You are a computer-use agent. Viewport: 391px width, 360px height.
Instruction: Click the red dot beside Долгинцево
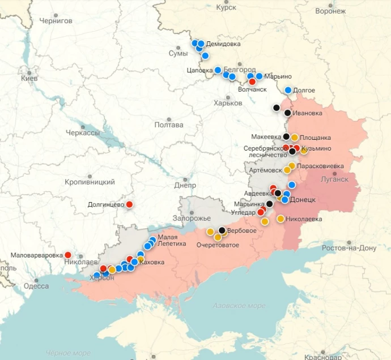[129, 204]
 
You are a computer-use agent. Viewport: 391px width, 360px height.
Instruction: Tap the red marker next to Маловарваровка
[69, 255]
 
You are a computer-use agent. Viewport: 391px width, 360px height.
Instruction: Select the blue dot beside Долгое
[288, 90]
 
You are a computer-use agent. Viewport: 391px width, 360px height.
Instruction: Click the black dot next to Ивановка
[288, 113]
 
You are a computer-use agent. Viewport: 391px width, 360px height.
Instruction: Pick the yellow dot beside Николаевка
[280, 218]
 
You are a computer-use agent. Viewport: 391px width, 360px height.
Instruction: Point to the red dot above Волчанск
[252, 82]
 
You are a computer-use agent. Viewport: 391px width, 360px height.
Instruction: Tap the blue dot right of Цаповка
[218, 70]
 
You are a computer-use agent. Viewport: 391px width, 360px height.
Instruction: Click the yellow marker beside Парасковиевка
[291, 166]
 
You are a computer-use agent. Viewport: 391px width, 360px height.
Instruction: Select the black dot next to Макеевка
[286, 136]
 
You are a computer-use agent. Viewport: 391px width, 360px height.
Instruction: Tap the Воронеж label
[330, 11]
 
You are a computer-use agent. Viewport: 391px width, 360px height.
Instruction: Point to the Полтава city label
[169, 125]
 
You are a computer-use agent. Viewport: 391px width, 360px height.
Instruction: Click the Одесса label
[36, 286]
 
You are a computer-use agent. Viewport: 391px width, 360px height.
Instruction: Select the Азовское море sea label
[239, 306]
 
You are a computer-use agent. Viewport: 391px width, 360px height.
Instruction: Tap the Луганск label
[334, 179]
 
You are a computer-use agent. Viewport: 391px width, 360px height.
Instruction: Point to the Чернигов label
[56, 20]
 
